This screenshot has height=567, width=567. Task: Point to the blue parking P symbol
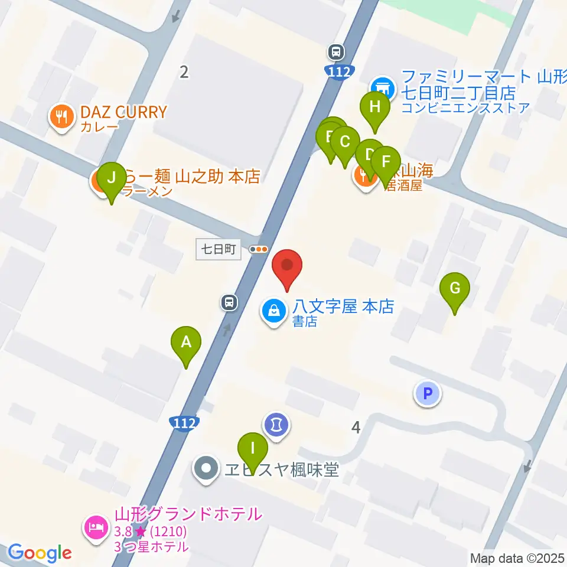click(x=428, y=393)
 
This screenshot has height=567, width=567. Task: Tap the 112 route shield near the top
click(x=341, y=71)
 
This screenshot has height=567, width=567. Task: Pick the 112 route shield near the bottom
click(x=184, y=423)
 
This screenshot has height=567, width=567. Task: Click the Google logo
click(x=40, y=553)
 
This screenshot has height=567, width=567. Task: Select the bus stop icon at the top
click(x=336, y=52)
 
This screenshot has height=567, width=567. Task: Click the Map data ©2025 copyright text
click(x=517, y=558)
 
